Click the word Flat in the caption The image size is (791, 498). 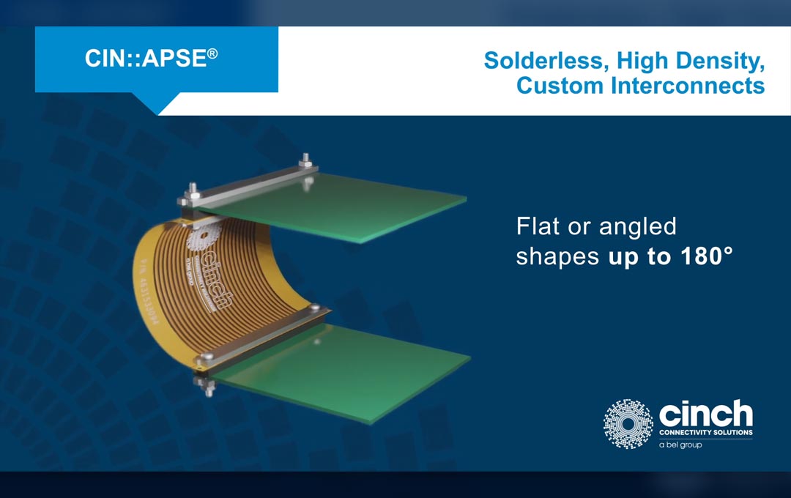538,227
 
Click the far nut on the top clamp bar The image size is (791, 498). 305,162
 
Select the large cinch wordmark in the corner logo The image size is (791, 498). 705,415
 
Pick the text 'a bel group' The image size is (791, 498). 680,445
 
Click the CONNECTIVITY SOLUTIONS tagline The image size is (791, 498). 705,433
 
